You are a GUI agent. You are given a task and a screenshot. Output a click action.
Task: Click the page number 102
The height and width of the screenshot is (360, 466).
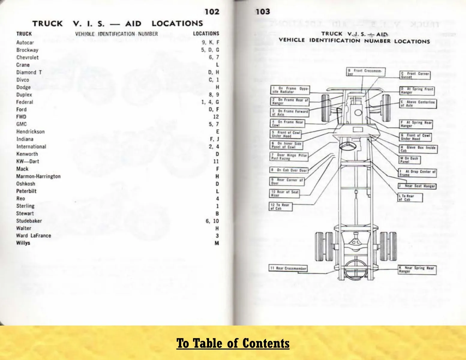tap(212, 12)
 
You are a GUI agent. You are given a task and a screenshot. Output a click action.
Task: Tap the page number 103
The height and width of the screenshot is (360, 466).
tap(263, 12)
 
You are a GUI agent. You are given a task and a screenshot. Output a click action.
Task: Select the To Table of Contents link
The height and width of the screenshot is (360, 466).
tap(233, 343)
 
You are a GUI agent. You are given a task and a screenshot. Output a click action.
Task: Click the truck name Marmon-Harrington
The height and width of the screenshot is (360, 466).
tap(38, 176)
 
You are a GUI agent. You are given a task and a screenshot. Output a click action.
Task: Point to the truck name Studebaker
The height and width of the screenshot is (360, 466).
tap(29, 221)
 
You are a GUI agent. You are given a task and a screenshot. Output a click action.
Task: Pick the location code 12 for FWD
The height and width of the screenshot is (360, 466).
tap(216, 117)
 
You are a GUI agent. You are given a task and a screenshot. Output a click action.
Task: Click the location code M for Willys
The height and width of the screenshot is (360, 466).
tap(217, 243)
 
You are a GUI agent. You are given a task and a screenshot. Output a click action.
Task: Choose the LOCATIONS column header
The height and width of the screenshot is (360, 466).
tap(206, 34)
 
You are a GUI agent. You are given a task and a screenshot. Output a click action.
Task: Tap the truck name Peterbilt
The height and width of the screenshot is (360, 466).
tap(26, 191)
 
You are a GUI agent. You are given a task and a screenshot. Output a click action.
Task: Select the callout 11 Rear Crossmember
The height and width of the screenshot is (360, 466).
tap(288, 268)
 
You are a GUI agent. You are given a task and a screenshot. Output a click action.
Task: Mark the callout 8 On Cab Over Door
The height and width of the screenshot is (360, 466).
tap(289, 170)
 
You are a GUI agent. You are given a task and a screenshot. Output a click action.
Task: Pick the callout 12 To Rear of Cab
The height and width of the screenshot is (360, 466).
tap(281, 207)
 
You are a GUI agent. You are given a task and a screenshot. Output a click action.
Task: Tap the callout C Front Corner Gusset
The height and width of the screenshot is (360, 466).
tap(415, 75)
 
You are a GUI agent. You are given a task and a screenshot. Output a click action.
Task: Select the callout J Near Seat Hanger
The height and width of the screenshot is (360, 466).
tap(416, 186)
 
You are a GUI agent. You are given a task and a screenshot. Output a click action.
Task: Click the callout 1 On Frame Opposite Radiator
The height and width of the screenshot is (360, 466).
tap(290, 90)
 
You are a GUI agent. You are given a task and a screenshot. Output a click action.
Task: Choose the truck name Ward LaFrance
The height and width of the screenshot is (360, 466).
tap(33, 235)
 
